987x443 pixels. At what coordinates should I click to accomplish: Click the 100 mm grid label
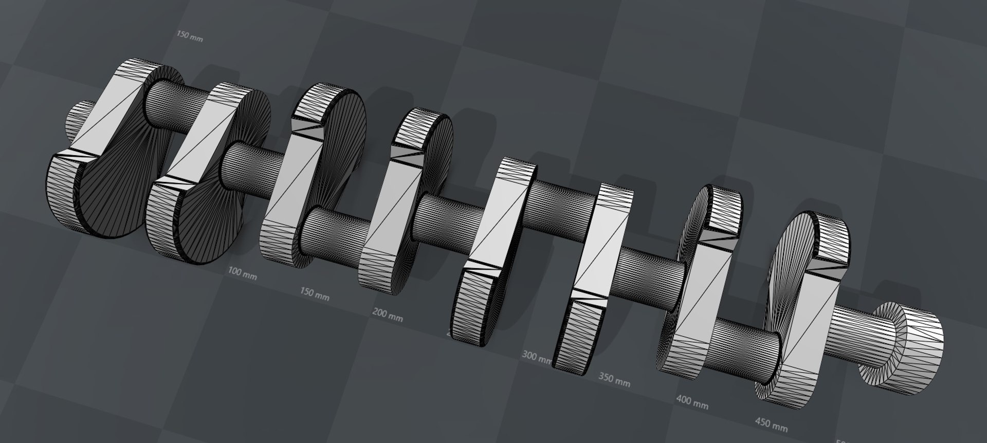[242, 273]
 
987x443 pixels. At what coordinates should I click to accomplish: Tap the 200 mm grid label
[387, 315]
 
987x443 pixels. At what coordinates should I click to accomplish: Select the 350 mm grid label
[614, 381]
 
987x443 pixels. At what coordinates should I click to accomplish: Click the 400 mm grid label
[692, 402]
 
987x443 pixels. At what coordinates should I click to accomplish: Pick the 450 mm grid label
[771, 424]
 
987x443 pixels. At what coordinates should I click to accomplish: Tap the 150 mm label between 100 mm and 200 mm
[315, 294]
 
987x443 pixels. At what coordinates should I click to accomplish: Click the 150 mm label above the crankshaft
[189, 36]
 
